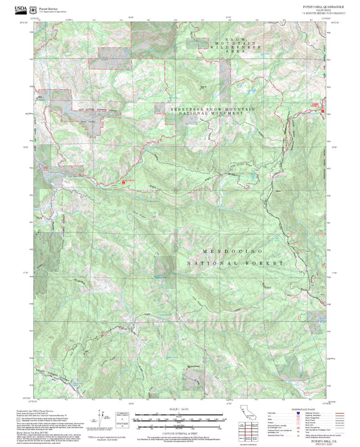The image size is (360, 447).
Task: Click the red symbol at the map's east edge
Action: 323,111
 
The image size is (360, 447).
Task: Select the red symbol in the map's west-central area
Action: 123,181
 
